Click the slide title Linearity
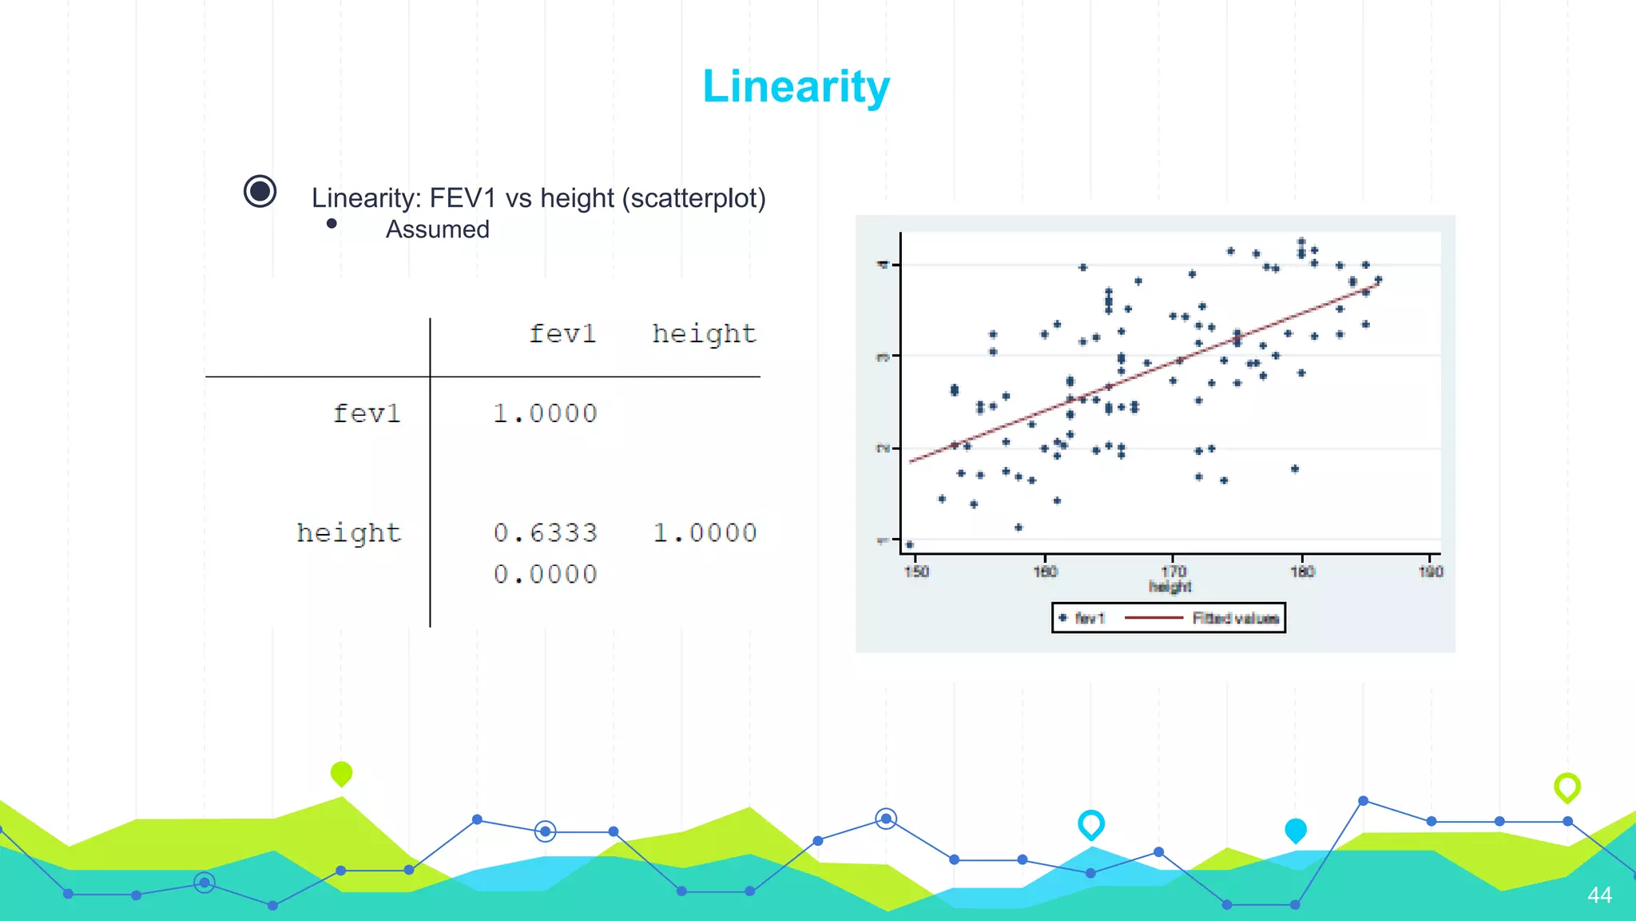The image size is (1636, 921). pos(796,86)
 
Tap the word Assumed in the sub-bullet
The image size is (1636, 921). pos(438,229)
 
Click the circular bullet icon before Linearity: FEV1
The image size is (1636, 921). pos(260,192)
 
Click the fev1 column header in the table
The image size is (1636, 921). pos(562,333)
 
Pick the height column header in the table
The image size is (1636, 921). pos(704,333)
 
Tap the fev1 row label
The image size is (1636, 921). pos(366,413)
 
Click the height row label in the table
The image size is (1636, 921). pos(348,532)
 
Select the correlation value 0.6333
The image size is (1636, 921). pos(545,532)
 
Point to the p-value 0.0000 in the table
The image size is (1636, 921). pos(545,574)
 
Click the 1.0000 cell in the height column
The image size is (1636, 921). pos(705,532)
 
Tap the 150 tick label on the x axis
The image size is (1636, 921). pos(916,572)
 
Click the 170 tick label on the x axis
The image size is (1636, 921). pos(1173,572)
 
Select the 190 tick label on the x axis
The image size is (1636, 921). pos(1431,572)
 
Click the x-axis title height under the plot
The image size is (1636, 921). pos(1170,587)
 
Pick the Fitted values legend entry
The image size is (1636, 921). pos(1235,618)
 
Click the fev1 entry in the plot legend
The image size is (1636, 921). pos(1089,618)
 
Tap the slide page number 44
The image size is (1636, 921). pos(1599,895)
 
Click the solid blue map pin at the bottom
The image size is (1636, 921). pos(1296,831)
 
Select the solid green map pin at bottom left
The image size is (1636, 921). pos(341,773)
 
